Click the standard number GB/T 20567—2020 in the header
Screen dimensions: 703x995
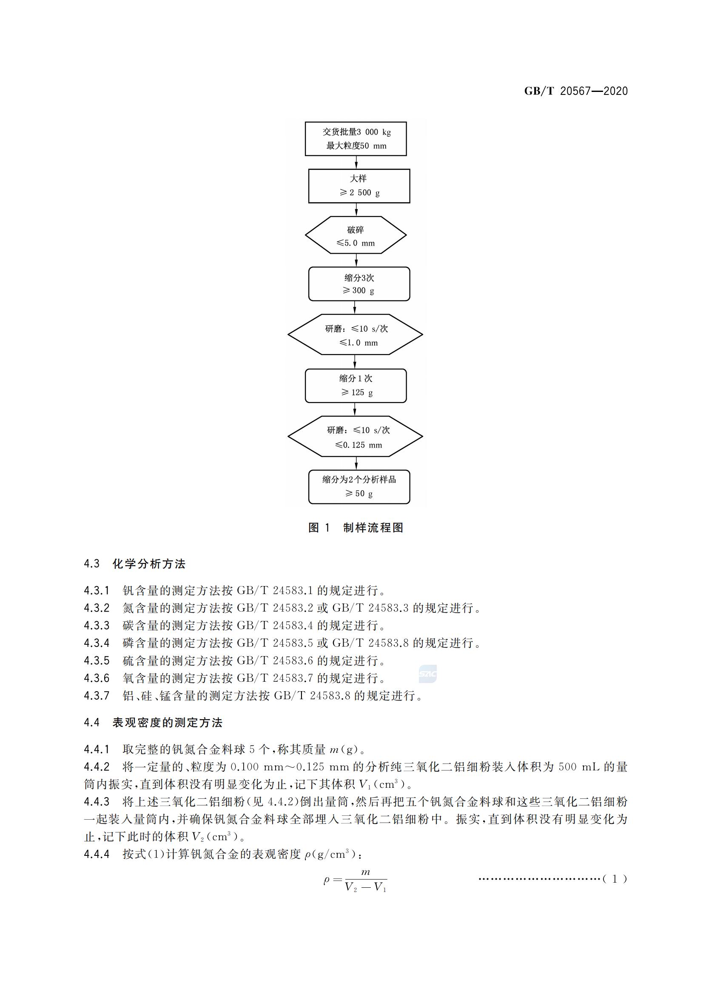[576, 91]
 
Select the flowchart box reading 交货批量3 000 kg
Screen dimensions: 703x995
[356, 139]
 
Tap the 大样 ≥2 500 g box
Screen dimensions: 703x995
[359, 186]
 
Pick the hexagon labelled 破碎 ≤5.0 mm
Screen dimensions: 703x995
[356, 235]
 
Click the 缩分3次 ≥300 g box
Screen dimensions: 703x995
[359, 284]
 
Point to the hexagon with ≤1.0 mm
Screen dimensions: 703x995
[355, 335]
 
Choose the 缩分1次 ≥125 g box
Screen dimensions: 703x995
[356, 386]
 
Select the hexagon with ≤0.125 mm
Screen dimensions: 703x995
[355, 436]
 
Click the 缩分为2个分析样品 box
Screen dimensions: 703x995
[359, 487]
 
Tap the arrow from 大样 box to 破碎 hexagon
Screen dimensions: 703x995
[356, 210]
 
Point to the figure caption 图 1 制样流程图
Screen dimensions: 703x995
[356, 527]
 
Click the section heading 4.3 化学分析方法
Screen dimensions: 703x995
[135, 564]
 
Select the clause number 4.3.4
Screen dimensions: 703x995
[97, 643]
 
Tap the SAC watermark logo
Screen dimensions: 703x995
[427, 674]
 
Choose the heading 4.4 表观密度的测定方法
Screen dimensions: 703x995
[154, 722]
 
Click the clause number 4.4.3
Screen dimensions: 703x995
[97, 801]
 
